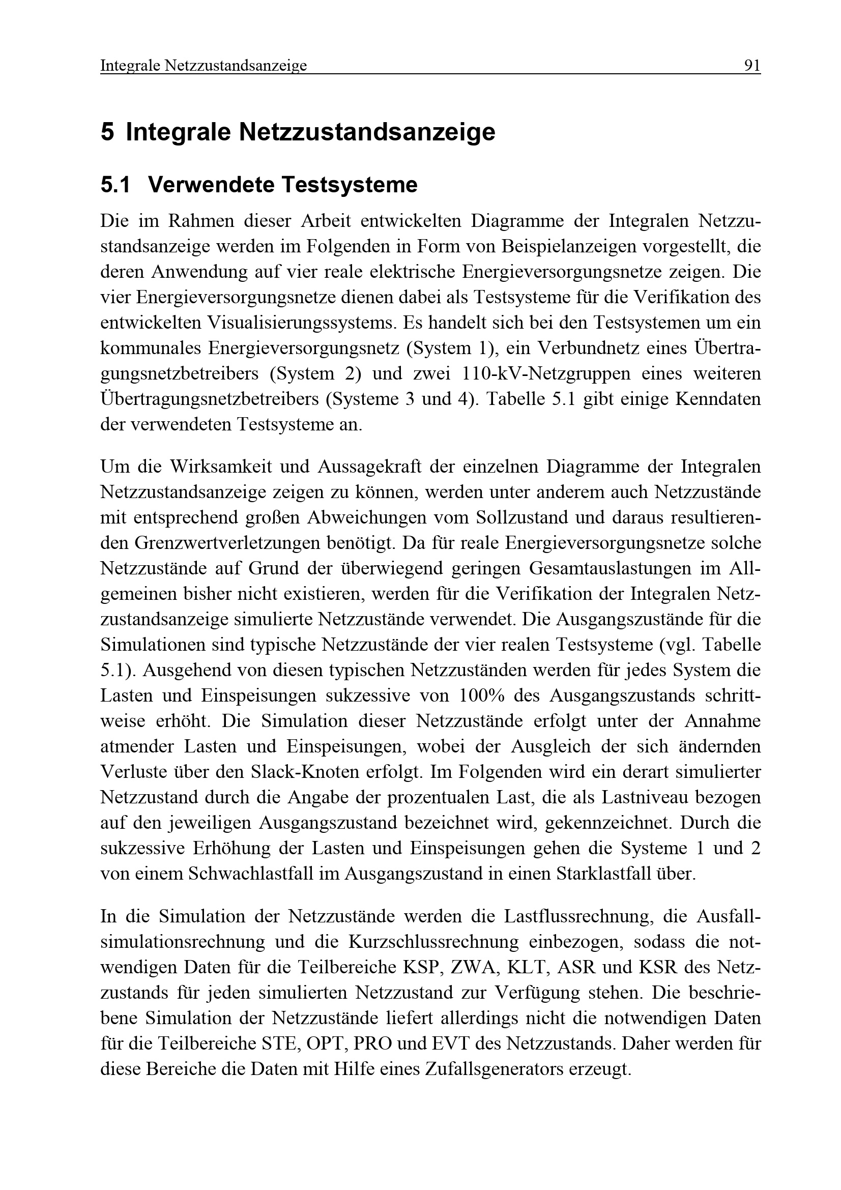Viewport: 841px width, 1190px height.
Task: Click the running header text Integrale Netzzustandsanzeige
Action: tap(203, 66)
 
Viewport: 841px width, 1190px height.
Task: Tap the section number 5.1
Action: tap(115, 185)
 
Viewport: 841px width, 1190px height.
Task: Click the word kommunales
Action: tap(150, 349)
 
